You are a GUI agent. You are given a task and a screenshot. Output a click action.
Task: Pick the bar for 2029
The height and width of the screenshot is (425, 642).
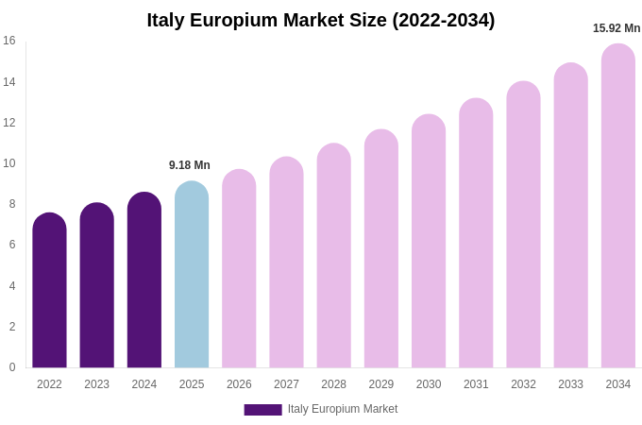(381, 249)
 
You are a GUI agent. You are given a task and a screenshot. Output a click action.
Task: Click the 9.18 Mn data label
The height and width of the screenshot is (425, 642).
(190, 165)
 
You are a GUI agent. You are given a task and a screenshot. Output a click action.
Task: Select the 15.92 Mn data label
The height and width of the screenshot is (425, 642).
(617, 28)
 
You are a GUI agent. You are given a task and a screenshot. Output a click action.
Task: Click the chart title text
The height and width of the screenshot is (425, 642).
(321, 20)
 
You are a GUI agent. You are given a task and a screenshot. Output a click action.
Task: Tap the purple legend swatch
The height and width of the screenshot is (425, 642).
(262, 410)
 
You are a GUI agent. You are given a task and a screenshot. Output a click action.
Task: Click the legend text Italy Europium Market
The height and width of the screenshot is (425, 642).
(343, 409)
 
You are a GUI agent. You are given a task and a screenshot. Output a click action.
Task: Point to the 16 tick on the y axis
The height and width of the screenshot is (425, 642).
(9, 41)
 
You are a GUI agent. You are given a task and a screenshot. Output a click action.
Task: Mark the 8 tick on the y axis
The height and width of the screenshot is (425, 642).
(12, 204)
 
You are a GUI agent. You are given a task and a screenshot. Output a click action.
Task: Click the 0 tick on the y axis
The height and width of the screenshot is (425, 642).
(12, 367)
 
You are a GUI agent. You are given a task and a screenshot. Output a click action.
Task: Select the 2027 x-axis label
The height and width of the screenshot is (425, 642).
(286, 384)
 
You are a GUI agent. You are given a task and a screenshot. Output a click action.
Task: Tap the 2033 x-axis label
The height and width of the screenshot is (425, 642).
(570, 384)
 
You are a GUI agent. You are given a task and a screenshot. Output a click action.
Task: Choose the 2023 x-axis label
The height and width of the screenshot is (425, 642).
(96, 384)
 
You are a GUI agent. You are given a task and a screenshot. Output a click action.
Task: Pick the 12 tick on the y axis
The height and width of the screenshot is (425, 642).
(9, 123)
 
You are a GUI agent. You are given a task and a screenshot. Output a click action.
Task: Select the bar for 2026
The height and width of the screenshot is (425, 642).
(239, 269)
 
